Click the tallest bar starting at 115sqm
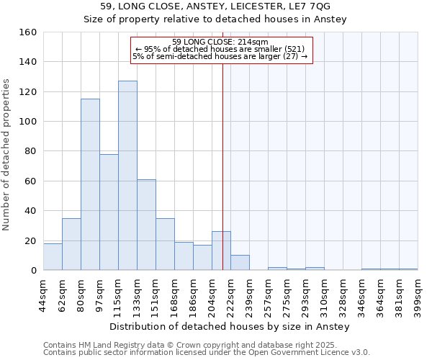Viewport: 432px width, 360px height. [x=127, y=176]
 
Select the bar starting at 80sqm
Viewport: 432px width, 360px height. [x=90, y=184]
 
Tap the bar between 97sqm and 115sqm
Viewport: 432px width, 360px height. [x=109, y=212]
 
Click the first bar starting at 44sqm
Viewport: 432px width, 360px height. [x=53, y=257]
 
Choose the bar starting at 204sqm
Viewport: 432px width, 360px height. [x=221, y=251]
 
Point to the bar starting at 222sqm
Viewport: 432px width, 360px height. [x=240, y=263]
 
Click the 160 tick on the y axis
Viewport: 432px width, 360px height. [x=29, y=32]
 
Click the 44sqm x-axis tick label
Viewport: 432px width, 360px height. [x=44, y=293]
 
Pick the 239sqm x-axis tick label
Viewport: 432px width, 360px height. [x=250, y=293]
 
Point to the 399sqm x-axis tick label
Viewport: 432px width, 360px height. [x=418, y=293]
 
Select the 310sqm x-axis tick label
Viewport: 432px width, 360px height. [x=324, y=293]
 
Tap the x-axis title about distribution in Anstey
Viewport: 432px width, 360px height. [x=230, y=327]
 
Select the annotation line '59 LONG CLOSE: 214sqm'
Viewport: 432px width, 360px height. [x=221, y=42]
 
